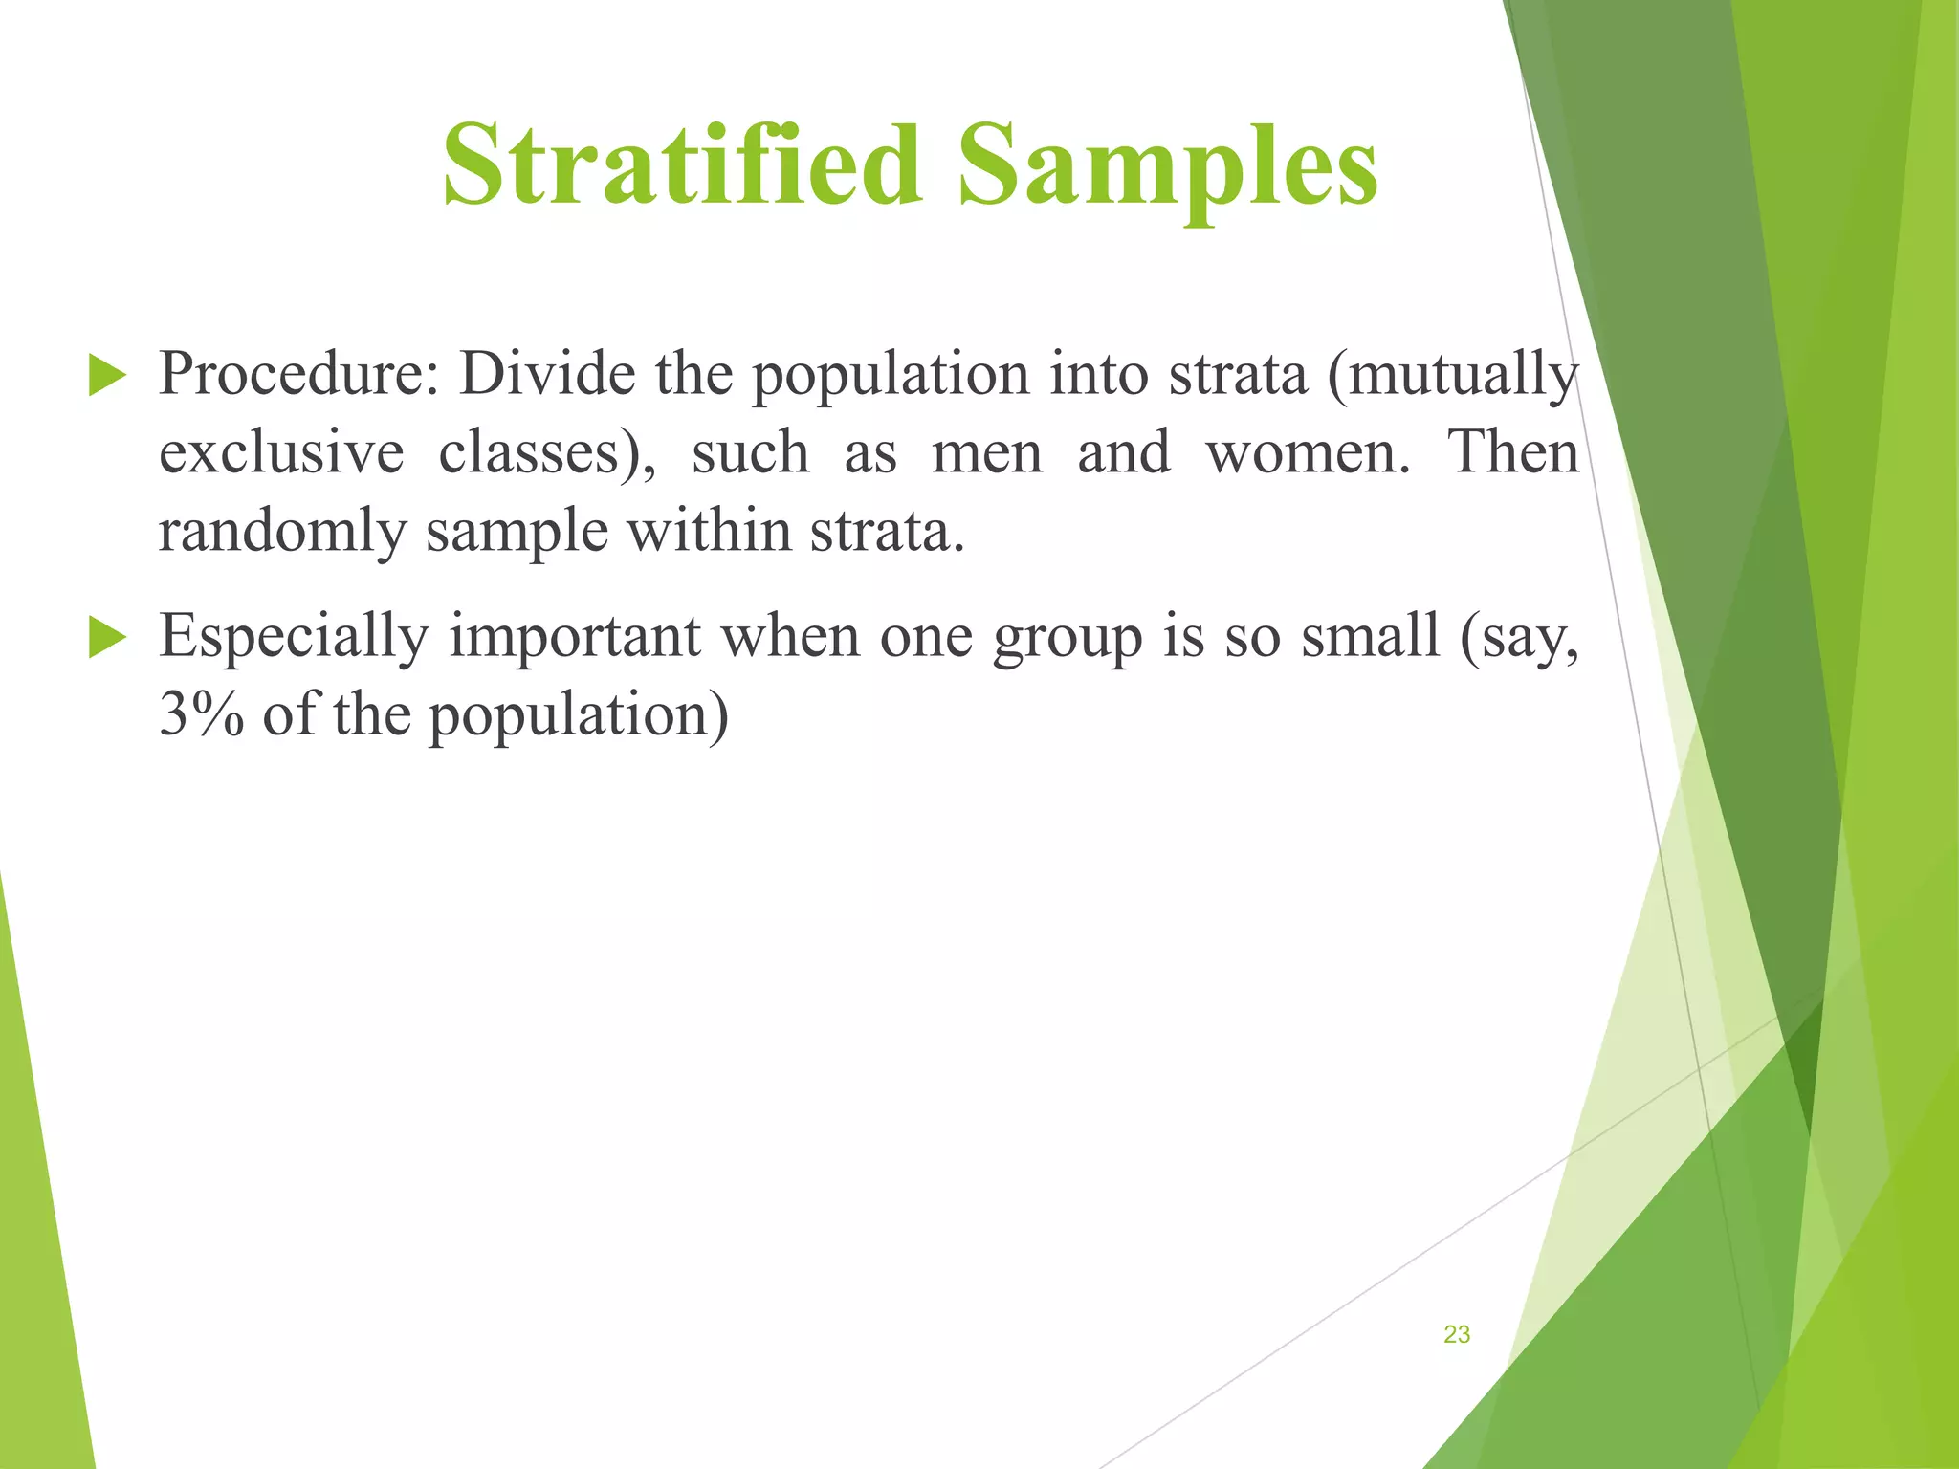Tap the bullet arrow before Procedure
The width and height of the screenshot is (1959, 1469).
[106, 375]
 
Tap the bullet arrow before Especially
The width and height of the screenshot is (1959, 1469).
[106, 637]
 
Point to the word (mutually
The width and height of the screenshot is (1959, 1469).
[1452, 375]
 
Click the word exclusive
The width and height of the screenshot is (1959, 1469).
[281, 453]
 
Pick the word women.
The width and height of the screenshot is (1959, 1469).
[1307, 453]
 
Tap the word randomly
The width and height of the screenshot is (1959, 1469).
[281, 532]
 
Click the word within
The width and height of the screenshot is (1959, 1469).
[708, 532]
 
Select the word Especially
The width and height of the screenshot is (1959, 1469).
[294, 637]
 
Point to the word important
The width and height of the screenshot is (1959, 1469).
[575, 637]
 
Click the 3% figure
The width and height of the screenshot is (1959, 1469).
[201, 715]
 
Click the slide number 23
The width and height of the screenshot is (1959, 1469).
[1456, 1334]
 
